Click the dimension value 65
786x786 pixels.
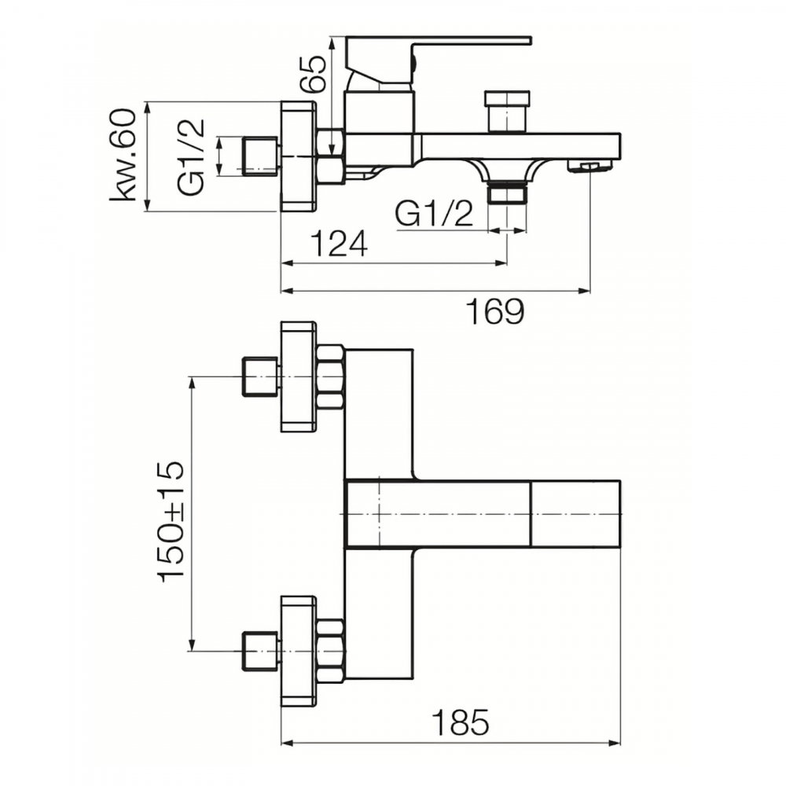coord(314,72)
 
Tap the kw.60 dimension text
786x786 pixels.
coord(123,154)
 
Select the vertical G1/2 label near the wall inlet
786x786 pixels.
coord(191,157)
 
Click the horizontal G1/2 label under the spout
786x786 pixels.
coord(434,214)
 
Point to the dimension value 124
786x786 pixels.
coord(340,244)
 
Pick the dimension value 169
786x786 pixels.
coord(496,312)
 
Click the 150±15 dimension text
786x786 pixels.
coord(171,522)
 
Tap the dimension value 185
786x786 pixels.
coord(461,722)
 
